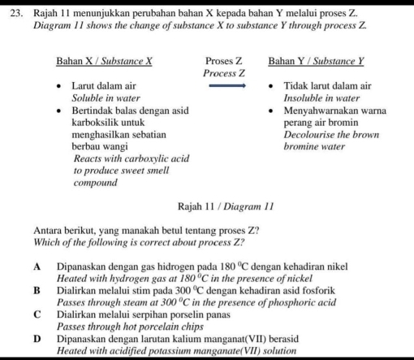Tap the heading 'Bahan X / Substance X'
click(x=104, y=61)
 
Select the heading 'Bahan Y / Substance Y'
click(x=316, y=61)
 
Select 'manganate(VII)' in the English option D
click(x=227, y=350)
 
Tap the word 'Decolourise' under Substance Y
click(x=313, y=135)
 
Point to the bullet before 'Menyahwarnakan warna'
click(x=273, y=111)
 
